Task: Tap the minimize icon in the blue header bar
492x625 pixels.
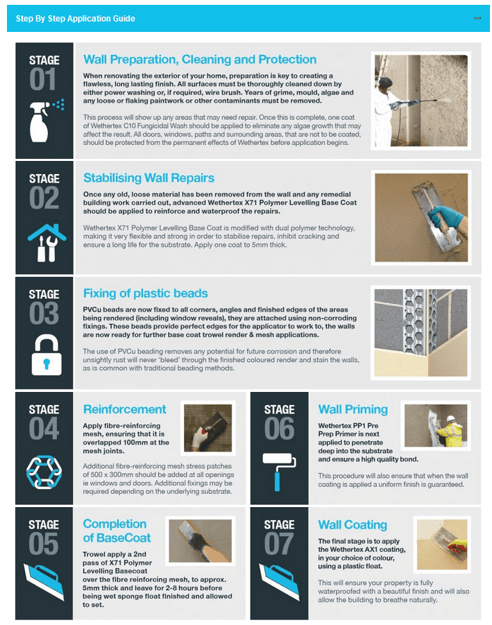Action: pyautogui.click(x=477, y=19)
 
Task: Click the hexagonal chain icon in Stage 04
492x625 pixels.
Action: pyautogui.click(x=44, y=471)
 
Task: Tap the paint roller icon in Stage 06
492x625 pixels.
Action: pyautogui.click(x=279, y=471)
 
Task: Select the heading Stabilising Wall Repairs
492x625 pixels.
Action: pyautogui.click(x=149, y=178)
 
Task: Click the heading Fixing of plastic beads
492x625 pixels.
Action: pyautogui.click(x=145, y=293)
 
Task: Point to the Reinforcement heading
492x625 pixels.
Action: pyautogui.click(x=124, y=409)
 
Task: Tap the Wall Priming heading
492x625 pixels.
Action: pyautogui.click(x=353, y=409)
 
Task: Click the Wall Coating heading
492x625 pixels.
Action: pyautogui.click(x=353, y=525)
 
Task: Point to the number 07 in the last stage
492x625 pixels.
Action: pyautogui.click(x=279, y=545)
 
